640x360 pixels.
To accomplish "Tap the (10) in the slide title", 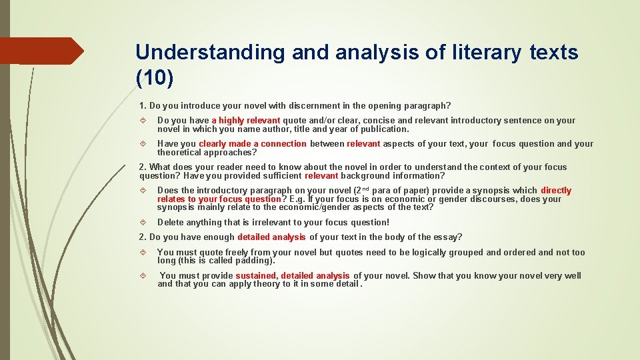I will (155, 78).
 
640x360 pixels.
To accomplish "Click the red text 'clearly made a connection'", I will (252, 144).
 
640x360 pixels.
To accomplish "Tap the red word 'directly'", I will (555, 191).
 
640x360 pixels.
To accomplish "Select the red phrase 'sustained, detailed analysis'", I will (292, 276).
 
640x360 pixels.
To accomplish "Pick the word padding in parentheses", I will (253, 261).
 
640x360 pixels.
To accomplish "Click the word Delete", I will (170, 223).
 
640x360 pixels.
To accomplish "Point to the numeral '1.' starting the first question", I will (143, 105).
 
